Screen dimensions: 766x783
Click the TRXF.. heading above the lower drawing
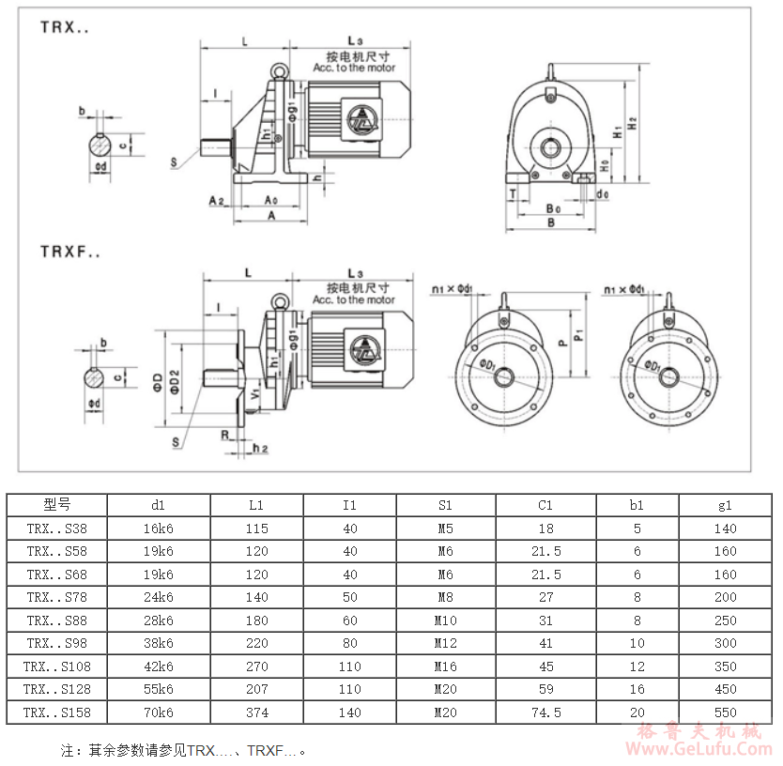click(x=69, y=251)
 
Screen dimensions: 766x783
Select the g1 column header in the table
click(x=725, y=505)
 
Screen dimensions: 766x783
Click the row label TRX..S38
click(x=57, y=529)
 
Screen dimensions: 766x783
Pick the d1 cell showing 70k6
click(x=158, y=712)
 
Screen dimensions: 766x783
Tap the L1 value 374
click(x=256, y=712)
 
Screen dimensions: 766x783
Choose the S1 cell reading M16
click(x=445, y=666)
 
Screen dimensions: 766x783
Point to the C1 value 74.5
click(x=545, y=712)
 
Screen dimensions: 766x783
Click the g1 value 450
click(x=725, y=689)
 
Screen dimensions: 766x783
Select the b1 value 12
click(x=637, y=666)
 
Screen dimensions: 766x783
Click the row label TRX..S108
click(x=57, y=666)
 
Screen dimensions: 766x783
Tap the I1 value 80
click(x=350, y=643)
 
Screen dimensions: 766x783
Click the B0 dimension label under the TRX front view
click(x=553, y=207)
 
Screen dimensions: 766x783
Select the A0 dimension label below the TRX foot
click(x=270, y=200)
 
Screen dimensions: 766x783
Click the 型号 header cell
click(x=57, y=505)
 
